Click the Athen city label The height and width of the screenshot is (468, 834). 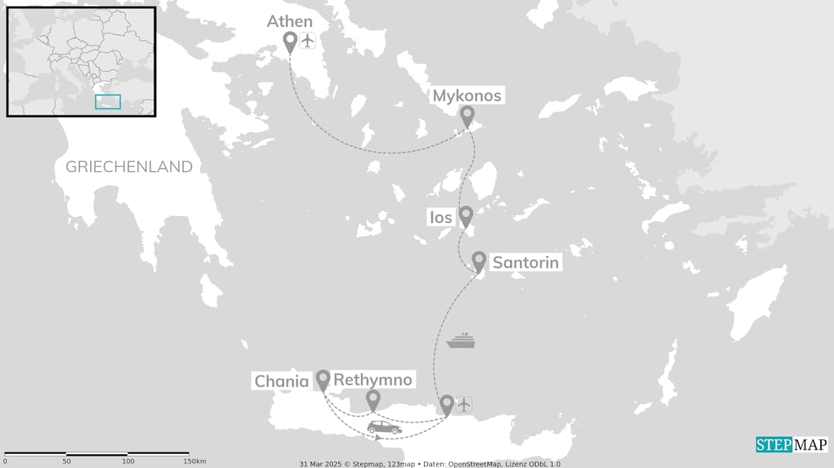(x=289, y=22)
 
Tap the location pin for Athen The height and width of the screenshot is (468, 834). (x=291, y=42)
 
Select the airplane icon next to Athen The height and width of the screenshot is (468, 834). (x=308, y=40)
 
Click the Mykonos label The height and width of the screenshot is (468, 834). (x=467, y=96)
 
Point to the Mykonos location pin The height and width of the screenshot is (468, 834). (x=467, y=116)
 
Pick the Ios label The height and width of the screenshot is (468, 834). (x=441, y=217)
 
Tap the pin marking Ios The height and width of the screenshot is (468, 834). (x=466, y=215)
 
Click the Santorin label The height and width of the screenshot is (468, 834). (x=525, y=263)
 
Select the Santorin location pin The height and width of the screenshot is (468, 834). (x=479, y=261)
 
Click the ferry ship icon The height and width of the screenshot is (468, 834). (x=460, y=341)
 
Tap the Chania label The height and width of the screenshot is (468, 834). (x=281, y=381)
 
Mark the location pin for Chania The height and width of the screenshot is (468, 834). (x=323, y=380)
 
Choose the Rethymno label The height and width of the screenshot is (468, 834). (x=373, y=380)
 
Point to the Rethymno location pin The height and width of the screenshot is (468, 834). (x=373, y=400)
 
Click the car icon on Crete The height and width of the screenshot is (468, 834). (x=384, y=428)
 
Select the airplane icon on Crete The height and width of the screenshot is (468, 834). (x=464, y=405)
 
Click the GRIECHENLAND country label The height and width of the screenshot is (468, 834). (x=129, y=167)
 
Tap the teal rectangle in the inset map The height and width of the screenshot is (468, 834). (x=108, y=102)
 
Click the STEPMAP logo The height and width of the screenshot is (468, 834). (x=792, y=445)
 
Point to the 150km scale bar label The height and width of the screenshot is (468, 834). (x=195, y=461)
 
